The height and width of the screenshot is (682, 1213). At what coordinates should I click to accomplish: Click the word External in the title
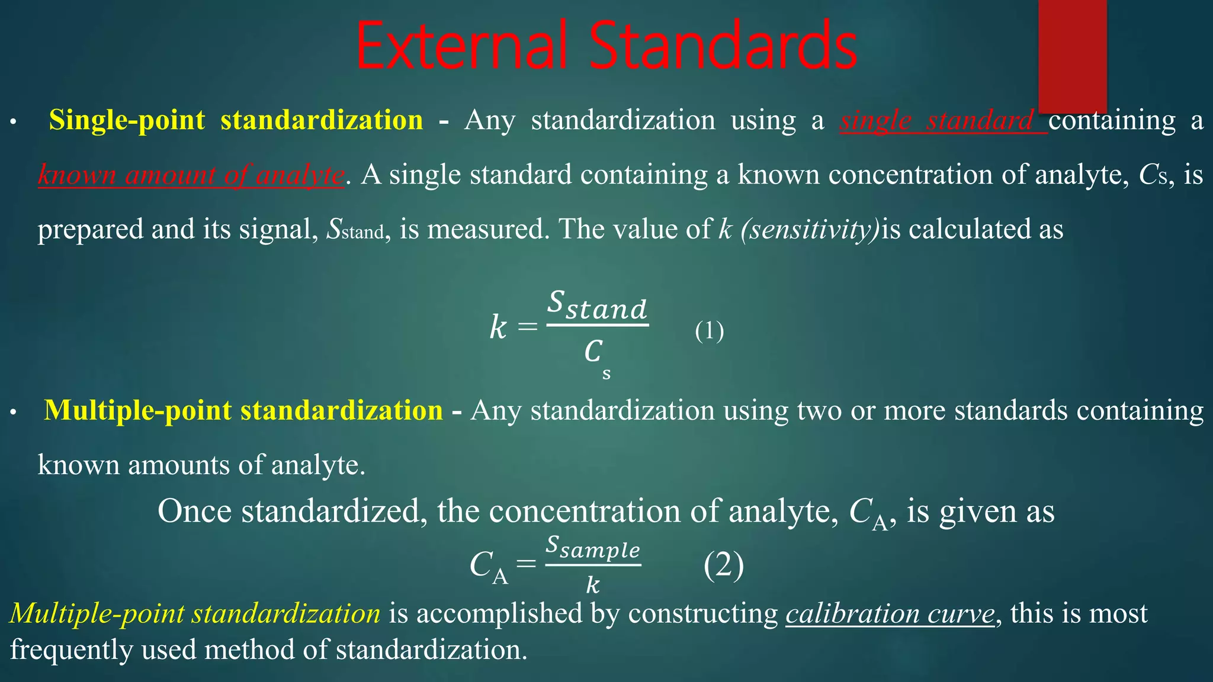pos(462,46)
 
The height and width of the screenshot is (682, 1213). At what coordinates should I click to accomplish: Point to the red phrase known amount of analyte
pos(191,175)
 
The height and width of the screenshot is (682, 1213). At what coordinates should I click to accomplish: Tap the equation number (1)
pos(709,330)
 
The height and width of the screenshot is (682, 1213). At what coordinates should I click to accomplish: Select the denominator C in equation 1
pos(593,352)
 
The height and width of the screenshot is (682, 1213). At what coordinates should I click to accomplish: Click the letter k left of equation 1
pos(498,327)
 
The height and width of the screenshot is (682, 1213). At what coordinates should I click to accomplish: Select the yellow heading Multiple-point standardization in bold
pos(243,410)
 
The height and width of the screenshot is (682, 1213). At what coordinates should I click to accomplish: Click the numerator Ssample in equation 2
pos(593,547)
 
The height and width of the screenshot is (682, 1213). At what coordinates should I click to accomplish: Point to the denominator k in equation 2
pos(592,585)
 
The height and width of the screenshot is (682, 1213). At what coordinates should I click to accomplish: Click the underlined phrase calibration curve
pos(890,613)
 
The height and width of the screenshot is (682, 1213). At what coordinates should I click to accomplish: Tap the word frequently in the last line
pos(71,650)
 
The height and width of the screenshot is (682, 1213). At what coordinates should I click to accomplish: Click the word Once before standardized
pos(194,511)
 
